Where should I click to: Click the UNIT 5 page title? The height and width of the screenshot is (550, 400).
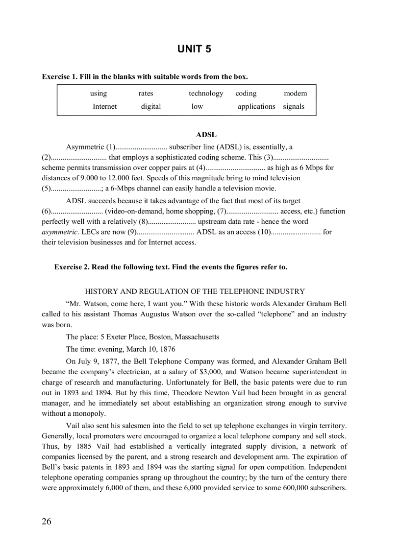tap(194, 49)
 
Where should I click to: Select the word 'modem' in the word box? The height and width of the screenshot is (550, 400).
tap(295, 94)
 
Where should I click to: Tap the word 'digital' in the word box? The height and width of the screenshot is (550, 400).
tap(150, 106)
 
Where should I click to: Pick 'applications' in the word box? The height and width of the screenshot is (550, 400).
tap(256, 106)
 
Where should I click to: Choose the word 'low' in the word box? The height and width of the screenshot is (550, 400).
tap(197, 106)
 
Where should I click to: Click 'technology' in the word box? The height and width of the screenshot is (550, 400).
tap(206, 94)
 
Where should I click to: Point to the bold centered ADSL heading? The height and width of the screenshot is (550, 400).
tap(206, 135)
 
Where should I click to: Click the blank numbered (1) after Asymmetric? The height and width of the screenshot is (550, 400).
tap(141, 147)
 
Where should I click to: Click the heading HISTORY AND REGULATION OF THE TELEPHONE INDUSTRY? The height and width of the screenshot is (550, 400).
tap(195, 291)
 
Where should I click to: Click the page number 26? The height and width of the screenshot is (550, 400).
tap(47, 521)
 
